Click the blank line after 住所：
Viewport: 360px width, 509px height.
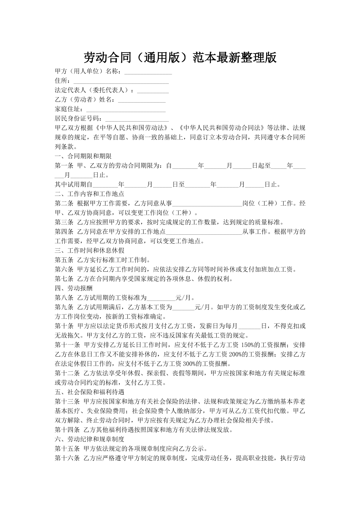pyautogui.click(x=121, y=81)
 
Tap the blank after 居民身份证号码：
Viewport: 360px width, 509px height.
pyautogui.click(x=137, y=119)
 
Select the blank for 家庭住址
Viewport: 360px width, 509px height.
pyautogui.click(x=126, y=109)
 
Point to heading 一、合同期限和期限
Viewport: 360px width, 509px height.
pyautogui.click(x=83, y=156)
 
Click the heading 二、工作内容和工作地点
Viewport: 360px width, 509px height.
pyautogui.click(x=90, y=194)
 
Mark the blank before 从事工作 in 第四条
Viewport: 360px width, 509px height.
pyautogui.click(x=204, y=232)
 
